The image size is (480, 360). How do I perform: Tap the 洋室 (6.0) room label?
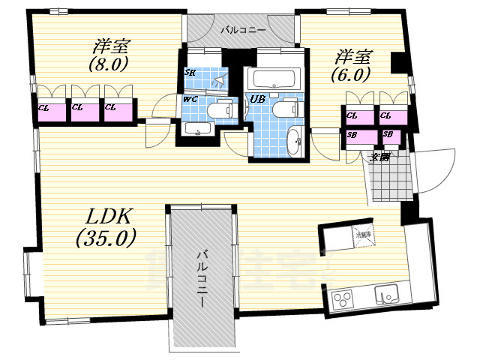(x=351, y=64)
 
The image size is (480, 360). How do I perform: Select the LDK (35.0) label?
(x=106, y=227)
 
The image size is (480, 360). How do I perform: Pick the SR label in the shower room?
(x=190, y=73)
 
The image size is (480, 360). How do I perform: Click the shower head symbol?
(x=219, y=79)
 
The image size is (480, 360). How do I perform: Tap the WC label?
(x=190, y=100)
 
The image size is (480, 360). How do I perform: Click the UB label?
(x=257, y=100)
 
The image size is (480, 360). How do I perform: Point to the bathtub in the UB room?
(x=274, y=78)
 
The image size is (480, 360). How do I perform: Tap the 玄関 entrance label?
(x=380, y=157)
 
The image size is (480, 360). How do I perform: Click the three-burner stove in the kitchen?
(x=343, y=302)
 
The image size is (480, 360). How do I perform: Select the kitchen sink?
(x=388, y=296)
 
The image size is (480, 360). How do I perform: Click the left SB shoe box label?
(x=352, y=135)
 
